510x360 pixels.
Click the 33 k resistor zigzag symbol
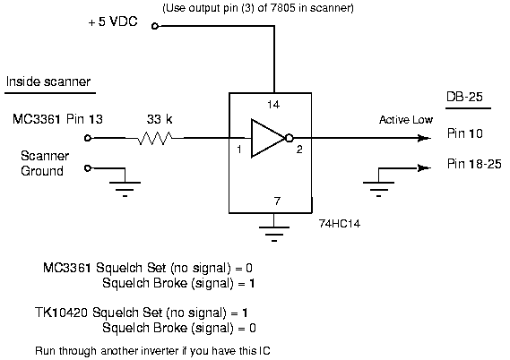click(x=155, y=138)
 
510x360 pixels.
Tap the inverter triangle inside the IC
click(x=267, y=138)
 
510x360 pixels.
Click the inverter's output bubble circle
click(x=290, y=138)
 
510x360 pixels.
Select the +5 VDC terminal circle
click(x=155, y=26)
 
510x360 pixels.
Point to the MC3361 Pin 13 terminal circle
click(x=88, y=138)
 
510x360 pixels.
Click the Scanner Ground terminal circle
click(x=88, y=168)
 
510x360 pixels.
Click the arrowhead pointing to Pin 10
click(x=424, y=138)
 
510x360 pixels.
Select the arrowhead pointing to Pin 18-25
click(x=424, y=168)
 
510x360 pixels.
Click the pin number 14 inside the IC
click(x=273, y=104)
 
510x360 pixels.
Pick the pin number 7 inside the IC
click(x=277, y=201)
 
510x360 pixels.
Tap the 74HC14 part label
click(x=340, y=224)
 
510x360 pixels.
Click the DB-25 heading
click(x=464, y=97)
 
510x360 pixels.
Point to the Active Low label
click(x=406, y=120)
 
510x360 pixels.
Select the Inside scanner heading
click(x=48, y=81)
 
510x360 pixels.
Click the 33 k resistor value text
click(x=160, y=119)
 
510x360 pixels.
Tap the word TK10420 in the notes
click(x=61, y=313)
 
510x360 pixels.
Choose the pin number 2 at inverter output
click(x=299, y=150)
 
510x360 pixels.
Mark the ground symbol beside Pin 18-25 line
click(x=378, y=183)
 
